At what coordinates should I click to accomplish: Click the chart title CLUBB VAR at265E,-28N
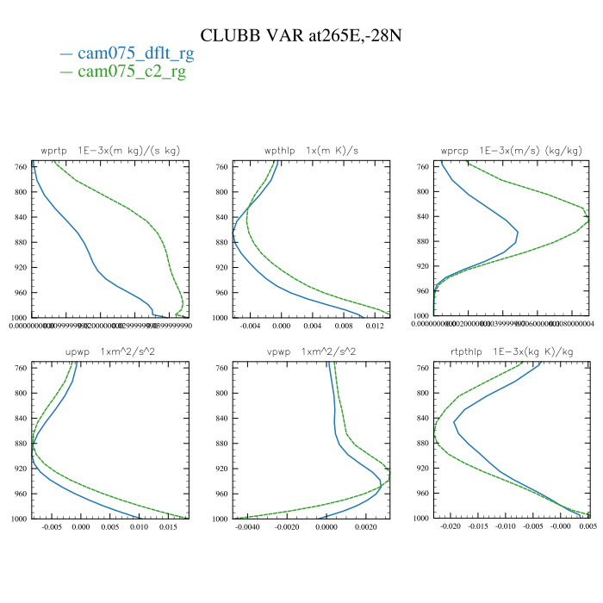coord(301,35)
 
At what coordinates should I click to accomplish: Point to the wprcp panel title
coord(512,151)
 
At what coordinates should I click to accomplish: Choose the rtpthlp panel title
coord(512,352)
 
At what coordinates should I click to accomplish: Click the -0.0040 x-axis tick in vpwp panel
coord(248,527)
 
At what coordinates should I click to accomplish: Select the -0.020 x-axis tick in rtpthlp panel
coord(451,527)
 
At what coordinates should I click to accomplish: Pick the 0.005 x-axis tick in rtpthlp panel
coord(589,527)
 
